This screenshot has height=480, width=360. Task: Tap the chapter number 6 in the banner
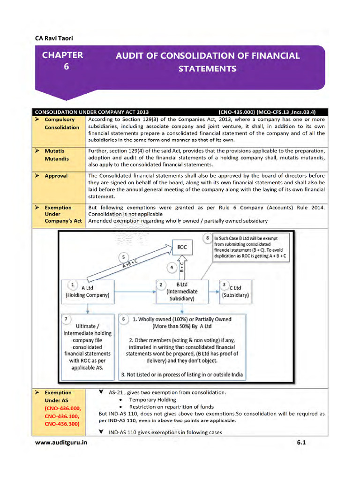66,67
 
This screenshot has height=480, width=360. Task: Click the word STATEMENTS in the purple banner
207,69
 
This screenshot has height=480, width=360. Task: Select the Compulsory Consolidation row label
62,123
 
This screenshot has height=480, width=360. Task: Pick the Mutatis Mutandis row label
57,155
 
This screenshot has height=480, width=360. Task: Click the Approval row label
56,176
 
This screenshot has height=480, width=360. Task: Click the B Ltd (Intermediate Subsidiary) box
182,291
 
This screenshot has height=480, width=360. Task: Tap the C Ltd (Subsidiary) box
236,291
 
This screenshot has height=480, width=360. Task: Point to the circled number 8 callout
207,239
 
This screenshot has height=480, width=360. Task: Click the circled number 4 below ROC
172,268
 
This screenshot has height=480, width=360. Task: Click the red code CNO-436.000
62,408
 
